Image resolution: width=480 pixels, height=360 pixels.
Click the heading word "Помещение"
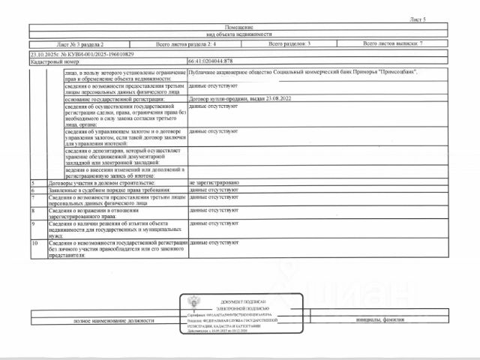[x=239, y=27]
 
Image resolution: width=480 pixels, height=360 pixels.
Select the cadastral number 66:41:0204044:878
[x=213, y=61]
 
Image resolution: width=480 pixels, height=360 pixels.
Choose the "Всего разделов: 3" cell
[x=289, y=45]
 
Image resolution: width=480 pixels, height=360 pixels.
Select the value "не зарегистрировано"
[x=214, y=183]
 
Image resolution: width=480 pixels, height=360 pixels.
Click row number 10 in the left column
[x=34, y=244]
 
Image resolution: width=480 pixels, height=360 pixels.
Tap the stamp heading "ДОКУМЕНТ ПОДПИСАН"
[x=244, y=299]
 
